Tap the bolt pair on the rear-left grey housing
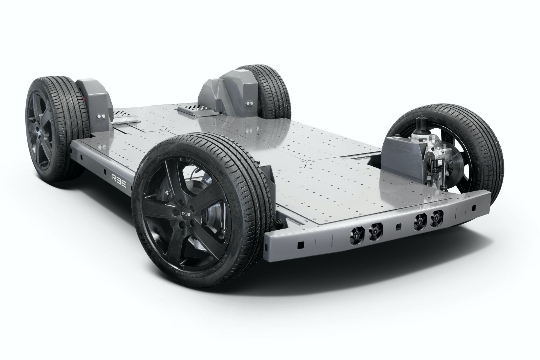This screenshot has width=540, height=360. pos(100,116)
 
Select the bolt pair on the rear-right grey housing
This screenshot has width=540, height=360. pos(248,104)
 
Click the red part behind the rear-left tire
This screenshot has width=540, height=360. pos(85,98)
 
